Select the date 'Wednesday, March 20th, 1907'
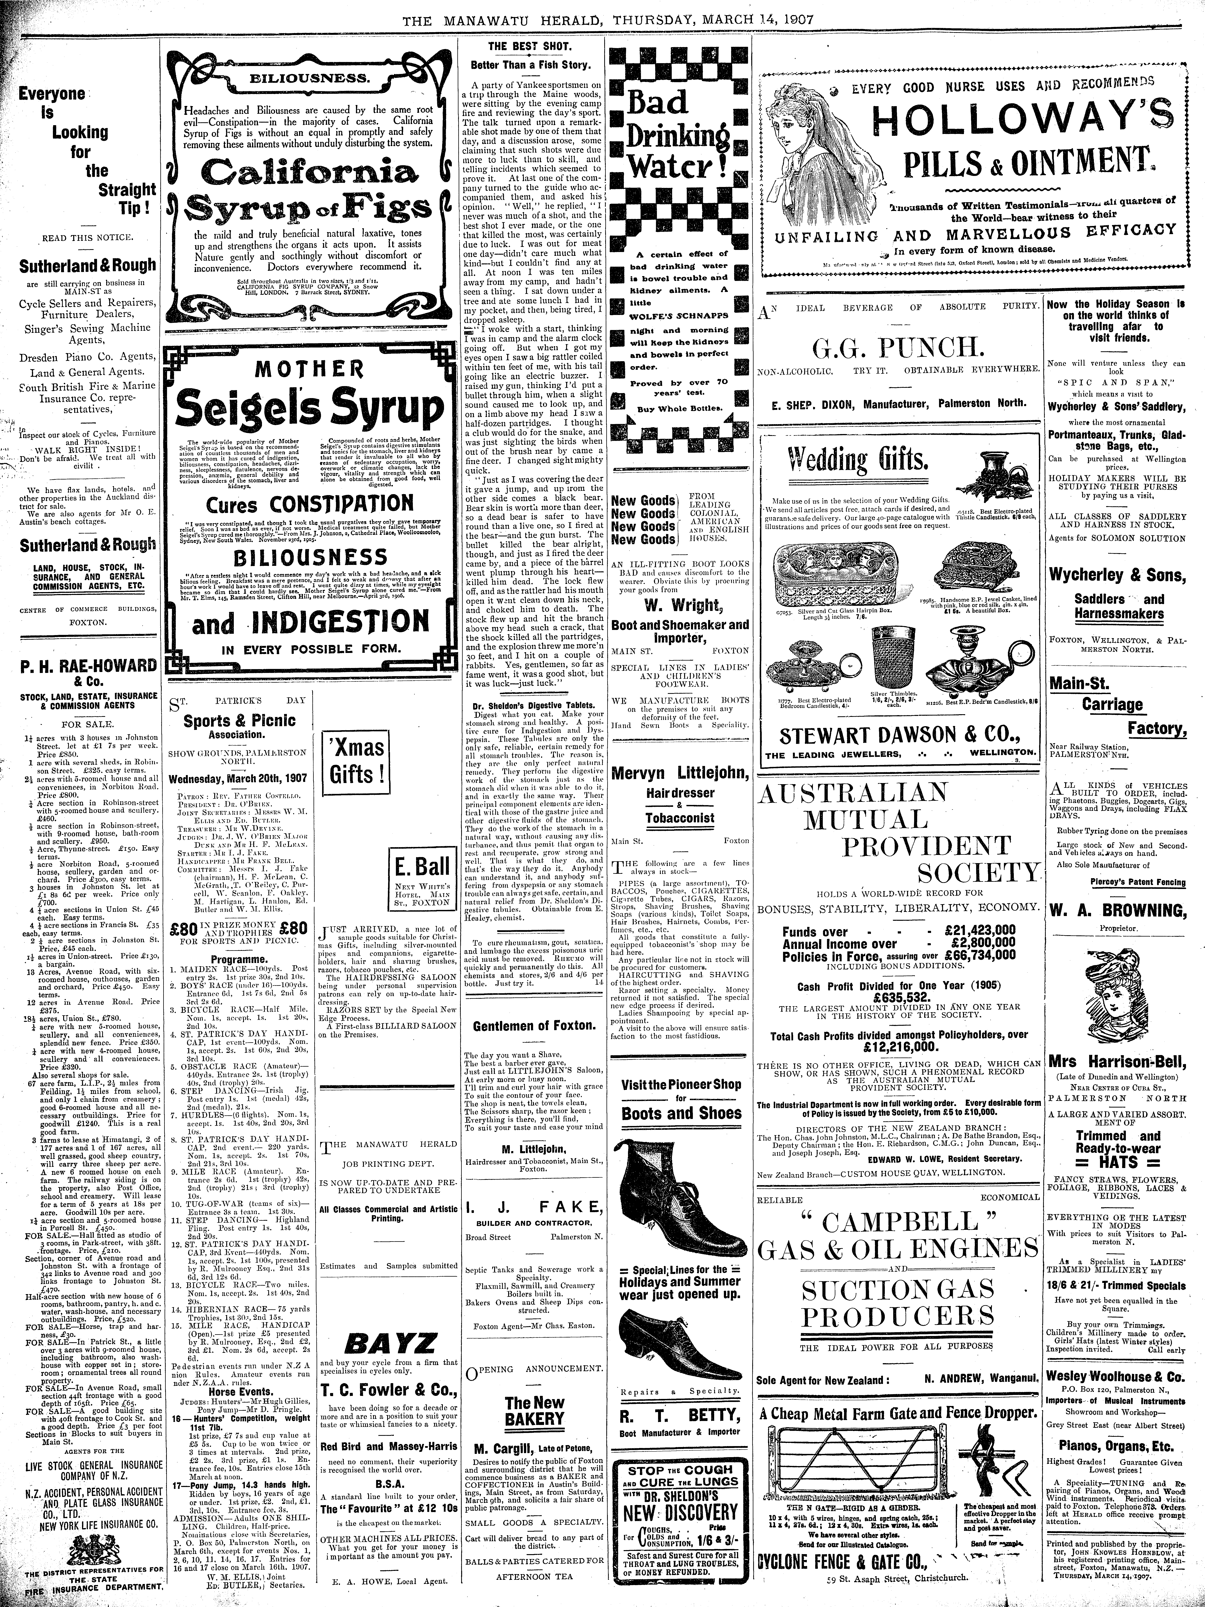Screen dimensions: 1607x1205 [238, 777]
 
